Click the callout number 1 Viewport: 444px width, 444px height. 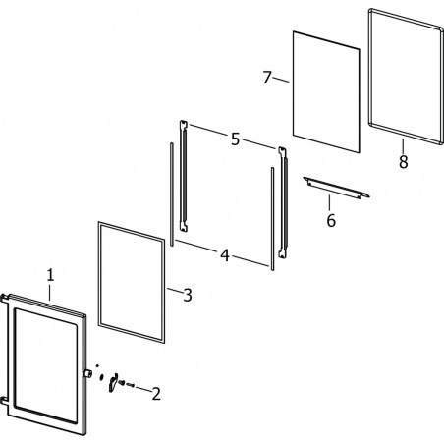[x=50, y=275]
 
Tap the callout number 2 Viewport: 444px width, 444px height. [x=156, y=394]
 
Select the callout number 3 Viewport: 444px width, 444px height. [x=188, y=295]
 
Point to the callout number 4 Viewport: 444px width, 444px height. [x=225, y=255]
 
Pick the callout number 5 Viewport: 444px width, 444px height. [x=235, y=139]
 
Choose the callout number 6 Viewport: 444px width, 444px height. [x=331, y=220]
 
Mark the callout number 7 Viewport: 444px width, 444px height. [x=267, y=78]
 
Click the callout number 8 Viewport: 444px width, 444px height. [x=403, y=161]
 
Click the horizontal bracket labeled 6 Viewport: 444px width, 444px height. [x=336, y=188]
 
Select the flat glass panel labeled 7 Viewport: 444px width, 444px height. [x=326, y=91]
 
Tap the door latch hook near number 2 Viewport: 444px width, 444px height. [x=113, y=382]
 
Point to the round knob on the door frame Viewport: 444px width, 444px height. [x=87, y=373]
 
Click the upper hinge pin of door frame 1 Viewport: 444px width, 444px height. [x=4, y=298]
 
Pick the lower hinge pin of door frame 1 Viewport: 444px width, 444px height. [x=4, y=400]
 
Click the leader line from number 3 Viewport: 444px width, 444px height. [x=174, y=290]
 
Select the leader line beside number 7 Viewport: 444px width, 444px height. [x=281, y=80]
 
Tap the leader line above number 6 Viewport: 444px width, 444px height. [x=329, y=202]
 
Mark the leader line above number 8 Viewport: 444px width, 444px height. [x=403, y=146]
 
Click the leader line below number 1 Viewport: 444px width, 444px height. [x=50, y=293]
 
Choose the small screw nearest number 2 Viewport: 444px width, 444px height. [x=130, y=385]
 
